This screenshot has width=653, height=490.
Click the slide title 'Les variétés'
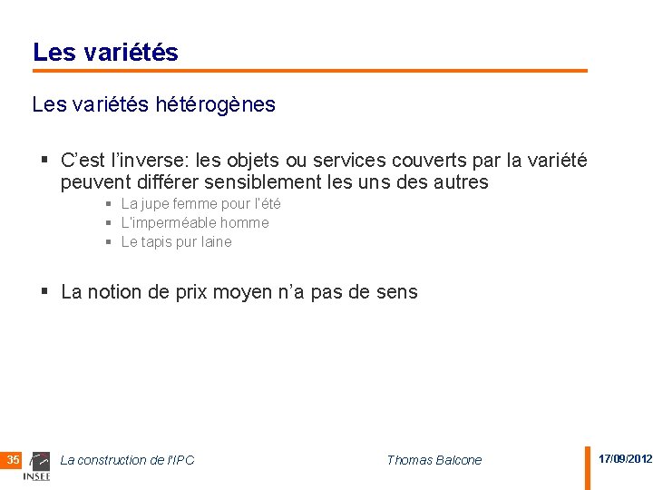pos(105,53)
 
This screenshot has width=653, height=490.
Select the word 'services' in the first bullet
pos(348,161)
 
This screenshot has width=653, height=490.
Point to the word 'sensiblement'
pos(292,182)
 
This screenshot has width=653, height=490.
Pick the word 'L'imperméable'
pos(168,222)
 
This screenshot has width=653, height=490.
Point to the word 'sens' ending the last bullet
pos(398,292)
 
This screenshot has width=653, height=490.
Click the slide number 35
pos(13,460)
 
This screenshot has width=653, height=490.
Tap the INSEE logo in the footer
pos(37,465)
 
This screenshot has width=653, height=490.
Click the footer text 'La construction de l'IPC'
pos(127,460)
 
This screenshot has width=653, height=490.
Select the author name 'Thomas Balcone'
pos(434,460)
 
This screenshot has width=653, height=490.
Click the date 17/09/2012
pos(625,459)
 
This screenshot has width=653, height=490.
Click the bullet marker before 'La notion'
pos(44,292)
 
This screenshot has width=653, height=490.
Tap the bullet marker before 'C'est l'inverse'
pos(44,161)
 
